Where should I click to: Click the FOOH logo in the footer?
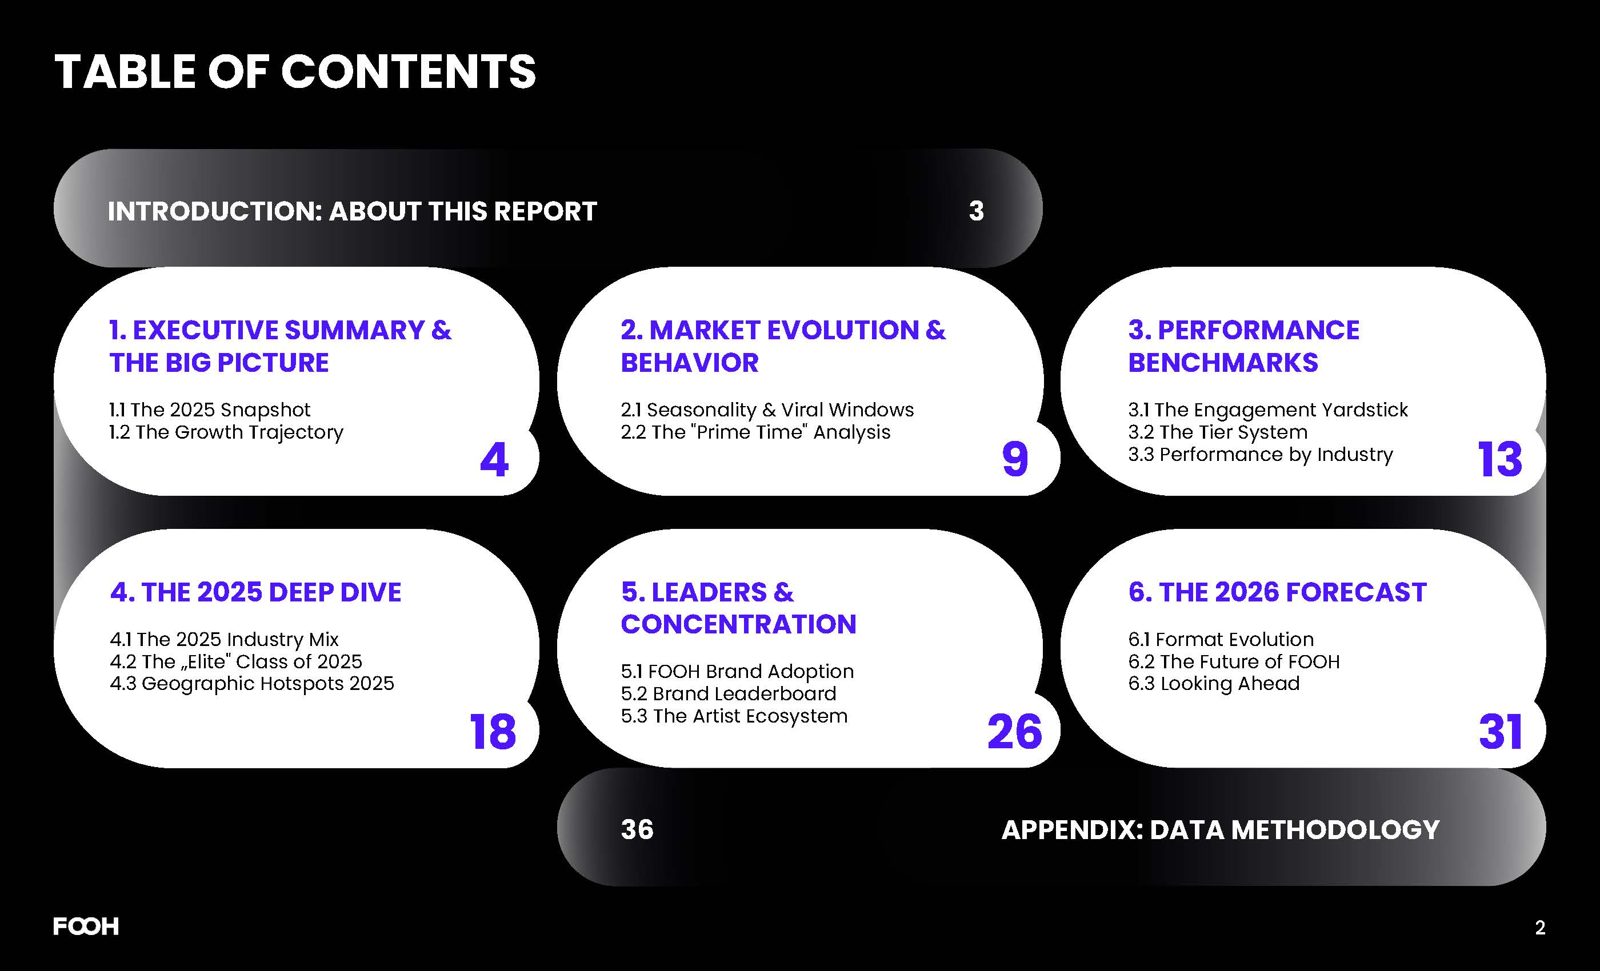pos(86,926)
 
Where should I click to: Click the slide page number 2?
pos(1539,928)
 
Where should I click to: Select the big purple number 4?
pos(494,460)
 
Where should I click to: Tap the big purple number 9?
pos(1015,460)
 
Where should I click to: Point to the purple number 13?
pos(1499,460)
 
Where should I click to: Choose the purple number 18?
pos(492,732)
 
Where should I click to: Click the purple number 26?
pos(1014,732)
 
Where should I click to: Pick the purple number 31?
pos(1500,732)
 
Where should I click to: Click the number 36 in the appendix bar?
pos(637,829)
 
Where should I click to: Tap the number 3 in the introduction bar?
pos(976,211)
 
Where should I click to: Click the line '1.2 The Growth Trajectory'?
pos(226,432)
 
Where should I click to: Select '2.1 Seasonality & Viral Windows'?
pos(767,410)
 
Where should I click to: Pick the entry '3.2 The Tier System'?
pos(1218,432)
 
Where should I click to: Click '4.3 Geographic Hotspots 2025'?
pos(252,684)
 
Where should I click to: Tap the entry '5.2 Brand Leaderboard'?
pos(728,694)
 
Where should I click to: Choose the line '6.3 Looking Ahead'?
pos(1214,684)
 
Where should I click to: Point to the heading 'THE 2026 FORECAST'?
pos(1292,592)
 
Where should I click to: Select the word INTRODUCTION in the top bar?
pos(215,211)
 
